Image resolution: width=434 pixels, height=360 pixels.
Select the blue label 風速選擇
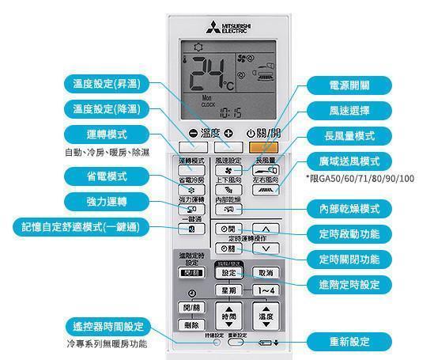(347, 110)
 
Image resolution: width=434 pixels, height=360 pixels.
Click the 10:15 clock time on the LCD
(231, 113)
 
